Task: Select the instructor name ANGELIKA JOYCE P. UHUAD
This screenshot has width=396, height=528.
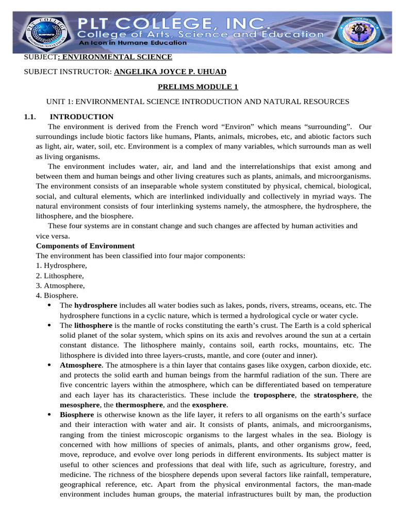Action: click(170, 72)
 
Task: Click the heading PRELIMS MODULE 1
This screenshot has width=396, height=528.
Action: click(197, 87)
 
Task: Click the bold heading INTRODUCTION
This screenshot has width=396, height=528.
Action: click(81, 117)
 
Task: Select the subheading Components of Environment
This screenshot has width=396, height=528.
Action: click(85, 246)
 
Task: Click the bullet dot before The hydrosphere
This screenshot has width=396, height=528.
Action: click(48, 305)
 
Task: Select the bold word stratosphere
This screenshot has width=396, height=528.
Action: click(332, 395)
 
